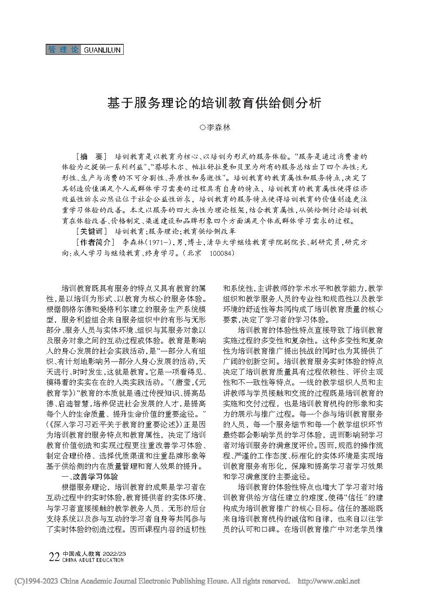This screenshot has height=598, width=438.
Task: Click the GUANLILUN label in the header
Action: pyautogui.click(x=101, y=50)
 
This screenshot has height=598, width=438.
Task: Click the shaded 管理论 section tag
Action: pyautogui.click(x=64, y=50)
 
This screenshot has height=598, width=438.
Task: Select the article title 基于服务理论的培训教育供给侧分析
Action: pyautogui.click(x=214, y=103)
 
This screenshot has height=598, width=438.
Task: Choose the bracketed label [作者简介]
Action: pyautogui.click(x=95, y=242)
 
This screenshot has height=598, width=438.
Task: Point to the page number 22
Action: pyautogui.click(x=54, y=557)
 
